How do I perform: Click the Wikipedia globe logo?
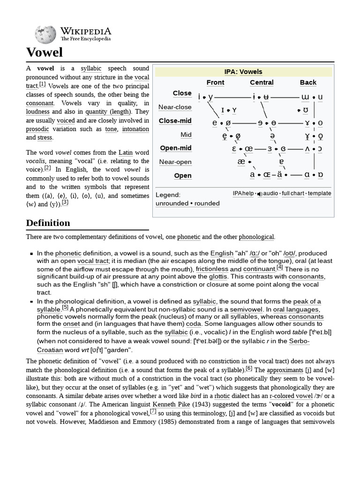click(45, 34)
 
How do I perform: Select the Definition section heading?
click(48, 223)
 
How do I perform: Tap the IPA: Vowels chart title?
click(243, 72)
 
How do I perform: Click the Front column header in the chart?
click(215, 82)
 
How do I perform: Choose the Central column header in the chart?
click(262, 82)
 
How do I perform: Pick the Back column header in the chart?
click(308, 82)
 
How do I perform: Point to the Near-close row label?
click(175, 107)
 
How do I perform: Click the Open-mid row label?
click(176, 148)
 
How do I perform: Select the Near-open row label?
click(175, 162)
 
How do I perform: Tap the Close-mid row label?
click(175, 121)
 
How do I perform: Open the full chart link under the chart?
click(292, 193)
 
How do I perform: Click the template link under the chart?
click(319, 193)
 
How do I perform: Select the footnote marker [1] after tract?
click(42, 84)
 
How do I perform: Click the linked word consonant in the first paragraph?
click(40, 103)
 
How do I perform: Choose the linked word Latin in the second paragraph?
click(126, 153)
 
